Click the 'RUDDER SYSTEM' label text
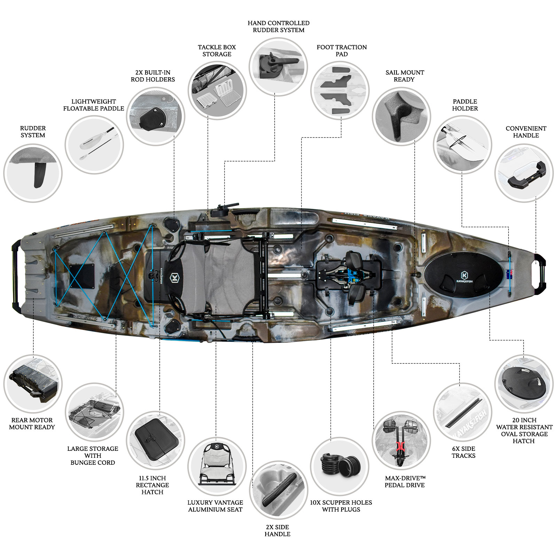coord(33,132)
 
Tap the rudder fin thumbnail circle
coord(33,173)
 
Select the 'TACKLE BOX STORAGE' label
coord(217,50)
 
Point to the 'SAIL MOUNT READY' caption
coord(405,76)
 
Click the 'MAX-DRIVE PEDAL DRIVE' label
coord(405,481)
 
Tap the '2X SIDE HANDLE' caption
coord(277,531)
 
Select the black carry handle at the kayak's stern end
coord(16,275)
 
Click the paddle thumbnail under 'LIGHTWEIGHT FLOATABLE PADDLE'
coord(94,145)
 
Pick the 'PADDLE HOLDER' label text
coord(465,105)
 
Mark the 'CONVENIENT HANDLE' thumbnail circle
coord(524,173)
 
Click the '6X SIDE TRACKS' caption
coord(463,452)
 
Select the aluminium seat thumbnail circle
coord(217,466)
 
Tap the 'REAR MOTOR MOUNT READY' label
coord(32,423)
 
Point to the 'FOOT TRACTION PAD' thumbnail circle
coord(340,91)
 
